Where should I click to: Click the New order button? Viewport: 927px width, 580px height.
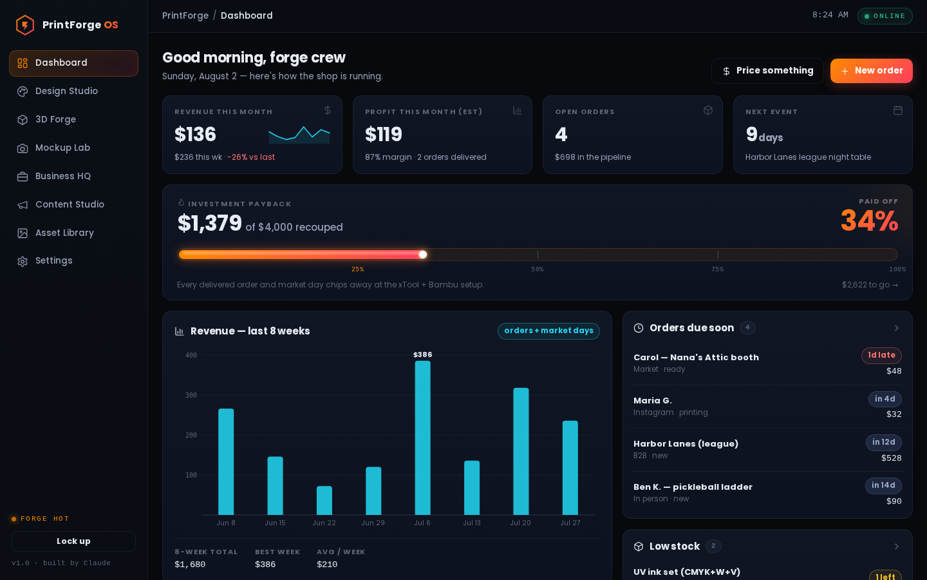pyautogui.click(x=871, y=71)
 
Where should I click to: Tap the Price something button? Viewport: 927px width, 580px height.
pyautogui.click(x=767, y=71)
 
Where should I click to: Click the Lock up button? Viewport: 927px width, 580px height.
pyautogui.click(x=73, y=541)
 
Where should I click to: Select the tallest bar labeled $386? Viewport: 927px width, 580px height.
pyautogui.click(x=422, y=438)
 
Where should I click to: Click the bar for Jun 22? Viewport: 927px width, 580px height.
pyautogui.click(x=324, y=501)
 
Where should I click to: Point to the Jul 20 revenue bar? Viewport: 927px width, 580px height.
pyautogui.click(x=521, y=451)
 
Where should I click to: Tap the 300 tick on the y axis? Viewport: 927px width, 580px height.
pyautogui.click(x=191, y=395)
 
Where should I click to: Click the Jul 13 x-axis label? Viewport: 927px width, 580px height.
pyautogui.click(x=472, y=523)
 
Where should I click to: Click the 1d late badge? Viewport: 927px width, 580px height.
pyautogui.click(x=881, y=356)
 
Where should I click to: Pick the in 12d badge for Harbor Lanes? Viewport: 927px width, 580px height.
pyautogui.click(x=883, y=443)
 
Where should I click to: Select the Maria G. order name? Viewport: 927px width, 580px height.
pyautogui.click(x=653, y=401)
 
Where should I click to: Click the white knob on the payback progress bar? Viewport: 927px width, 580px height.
pyautogui.click(x=422, y=255)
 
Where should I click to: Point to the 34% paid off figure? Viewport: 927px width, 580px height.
pyautogui.click(x=870, y=221)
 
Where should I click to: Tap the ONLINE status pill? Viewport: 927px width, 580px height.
pyautogui.click(x=885, y=16)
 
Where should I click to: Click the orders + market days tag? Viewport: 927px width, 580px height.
pyautogui.click(x=548, y=331)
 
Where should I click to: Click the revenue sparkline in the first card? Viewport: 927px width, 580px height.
pyautogui.click(x=299, y=135)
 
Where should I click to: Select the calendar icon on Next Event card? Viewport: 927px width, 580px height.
pyautogui.click(x=897, y=110)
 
